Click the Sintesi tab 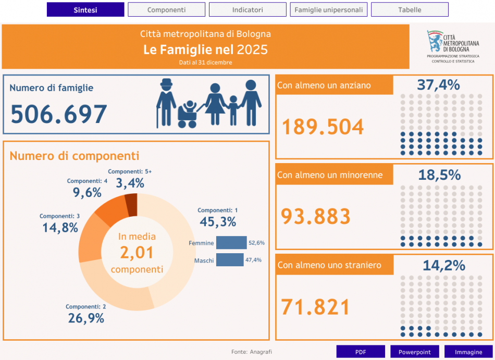click(x=85, y=9)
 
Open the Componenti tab click(x=166, y=9)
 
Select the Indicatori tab click(x=247, y=9)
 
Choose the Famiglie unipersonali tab click(x=329, y=9)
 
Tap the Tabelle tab click(x=410, y=9)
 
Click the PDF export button click(x=361, y=352)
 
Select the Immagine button click(x=468, y=352)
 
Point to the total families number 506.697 click(x=59, y=114)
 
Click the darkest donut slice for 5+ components click(x=131, y=204)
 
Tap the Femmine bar click(x=231, y=243)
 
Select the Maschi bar click(x=230, y=259)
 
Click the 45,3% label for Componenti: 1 click(x=218, y=222)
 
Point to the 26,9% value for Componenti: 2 click(x=86, y=318)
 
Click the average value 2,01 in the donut click(x=137, y=253)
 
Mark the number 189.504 click(x=323, y=127)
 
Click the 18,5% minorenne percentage click(x=439, y=175)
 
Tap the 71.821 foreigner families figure click(x=315, y=307)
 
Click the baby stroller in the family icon click(x=188, y=114)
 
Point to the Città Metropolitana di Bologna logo click(x=453, y=46)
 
